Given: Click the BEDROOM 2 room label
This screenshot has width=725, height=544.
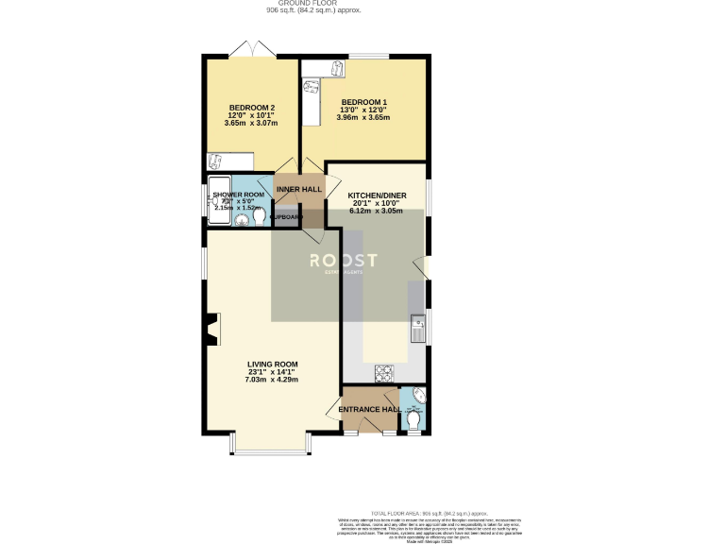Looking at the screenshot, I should (250, 107).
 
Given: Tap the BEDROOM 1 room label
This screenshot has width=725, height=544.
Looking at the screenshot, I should (363, 101).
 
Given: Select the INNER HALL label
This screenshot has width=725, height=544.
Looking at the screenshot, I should (298, 190).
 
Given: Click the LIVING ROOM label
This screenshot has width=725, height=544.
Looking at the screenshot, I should (273, 364).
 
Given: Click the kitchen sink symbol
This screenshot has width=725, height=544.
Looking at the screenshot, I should (418, 330).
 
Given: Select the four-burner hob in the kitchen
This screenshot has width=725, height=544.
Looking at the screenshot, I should (384, 371).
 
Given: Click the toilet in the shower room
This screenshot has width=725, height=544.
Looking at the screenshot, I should (259, 216).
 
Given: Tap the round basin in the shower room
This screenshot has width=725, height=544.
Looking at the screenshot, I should (240, 220).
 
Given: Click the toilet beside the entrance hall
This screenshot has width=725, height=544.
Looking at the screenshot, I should (414, 416).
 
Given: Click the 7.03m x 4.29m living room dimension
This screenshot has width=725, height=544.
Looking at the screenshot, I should (273, 380).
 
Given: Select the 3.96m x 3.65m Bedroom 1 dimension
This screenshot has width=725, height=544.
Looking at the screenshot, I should (363, 118).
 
